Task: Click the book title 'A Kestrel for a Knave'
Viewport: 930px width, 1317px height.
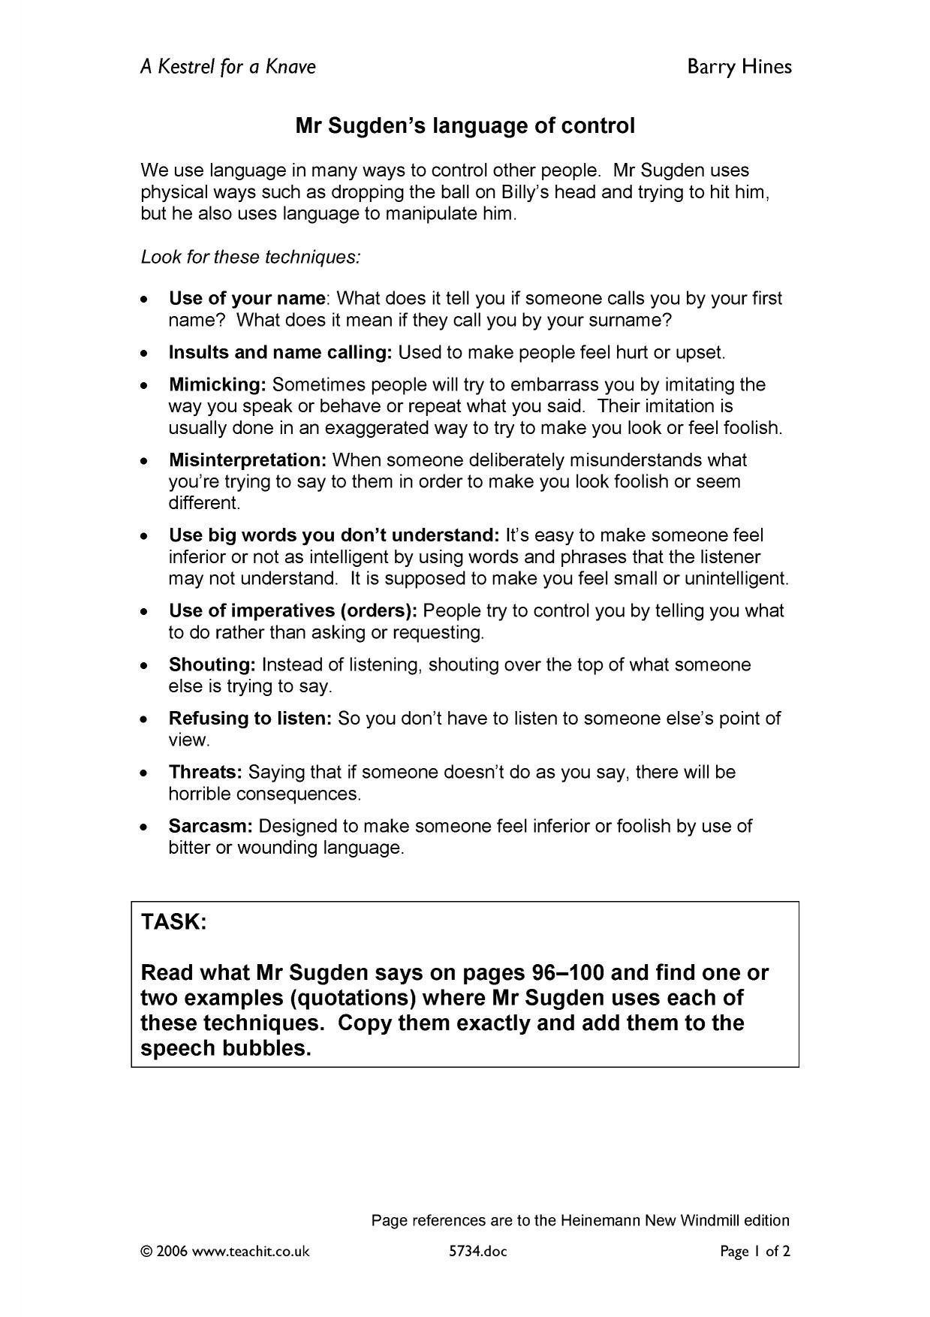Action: click(x=228, y=67)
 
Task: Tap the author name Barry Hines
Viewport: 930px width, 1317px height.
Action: click(x=739, y=67)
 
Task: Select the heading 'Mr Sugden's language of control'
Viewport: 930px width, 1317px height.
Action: click(x=465, y=125)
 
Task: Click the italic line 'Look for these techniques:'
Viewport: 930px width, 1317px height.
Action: click(x=251, y=257)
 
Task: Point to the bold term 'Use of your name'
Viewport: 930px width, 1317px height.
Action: click(x=247, y=298)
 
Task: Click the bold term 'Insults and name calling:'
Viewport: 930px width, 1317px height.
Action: click(x=280, y=352)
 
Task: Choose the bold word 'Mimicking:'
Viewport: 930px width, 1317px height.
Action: click(x=218, y=384)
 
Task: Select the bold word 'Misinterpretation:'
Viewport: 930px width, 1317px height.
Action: click(x=248, y=460)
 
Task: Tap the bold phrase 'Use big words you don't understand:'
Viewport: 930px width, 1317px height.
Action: click(x=334, y=535)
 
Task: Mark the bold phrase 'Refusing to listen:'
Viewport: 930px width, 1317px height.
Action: click(x=250, y=718)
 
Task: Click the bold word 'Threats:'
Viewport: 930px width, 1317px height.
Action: click(x=205, y=772)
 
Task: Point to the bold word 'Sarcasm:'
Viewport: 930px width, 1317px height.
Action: click(x=211, y=826)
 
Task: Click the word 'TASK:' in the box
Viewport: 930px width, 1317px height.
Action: click(x=174, y=922)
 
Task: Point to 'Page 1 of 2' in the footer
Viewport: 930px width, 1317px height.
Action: click(x=755, y=1252)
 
